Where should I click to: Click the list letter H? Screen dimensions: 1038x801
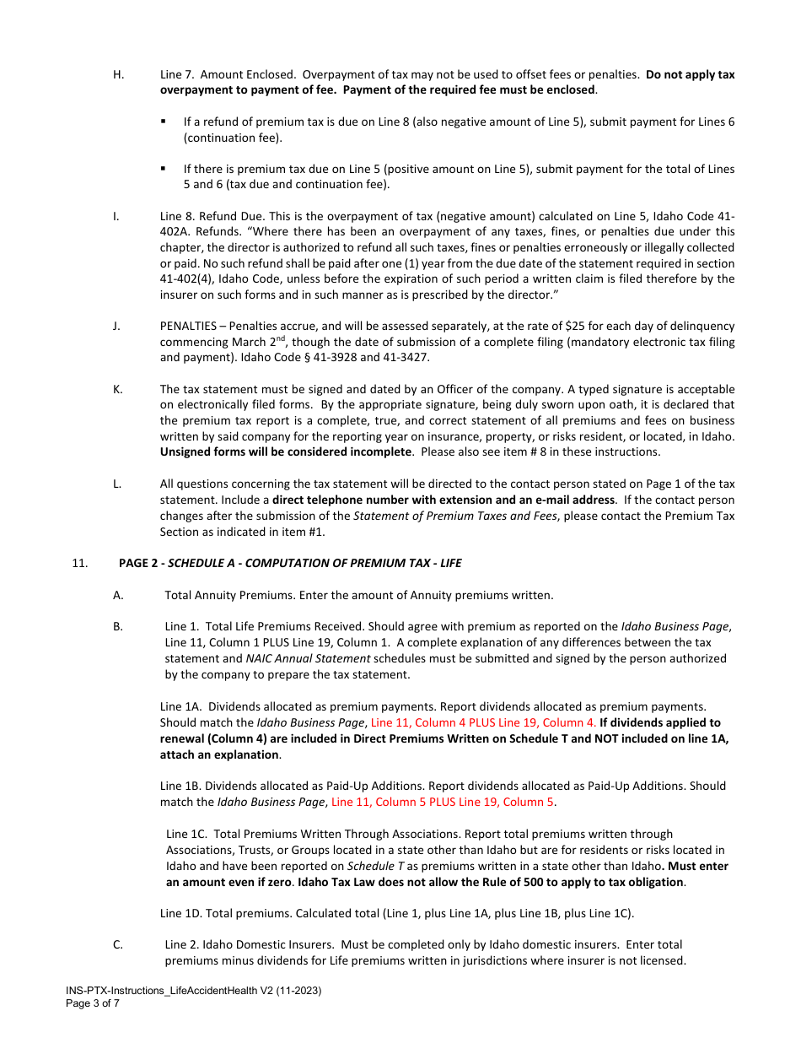[x=118, y=74]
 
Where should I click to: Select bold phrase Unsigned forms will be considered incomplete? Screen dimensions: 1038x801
[x=286, y=451]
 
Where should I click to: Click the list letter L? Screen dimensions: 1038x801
[x=117, y=484]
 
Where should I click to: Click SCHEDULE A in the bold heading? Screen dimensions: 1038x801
[x=200, y=563]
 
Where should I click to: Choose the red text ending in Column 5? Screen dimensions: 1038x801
[x=444, y=802]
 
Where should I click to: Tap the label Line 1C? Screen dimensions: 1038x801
[x=186, y=834]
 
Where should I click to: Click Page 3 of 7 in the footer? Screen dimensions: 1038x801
[x=93, y=1003]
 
